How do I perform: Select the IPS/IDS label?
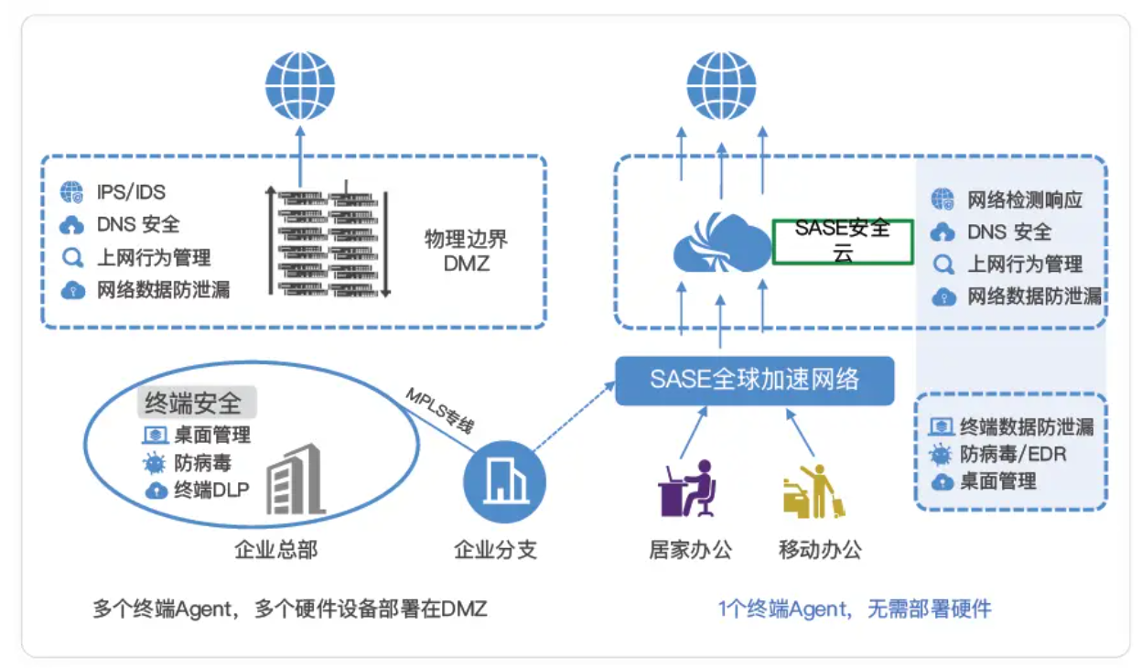click(131, 192)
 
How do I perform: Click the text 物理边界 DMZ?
click(466, 252)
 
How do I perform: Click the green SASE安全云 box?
click(843, 241)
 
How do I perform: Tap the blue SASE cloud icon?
click(721, 242)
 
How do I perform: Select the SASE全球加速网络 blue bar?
click(754, 380)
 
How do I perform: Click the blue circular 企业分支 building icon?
click(504, 480)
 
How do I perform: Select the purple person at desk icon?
click(687, 490)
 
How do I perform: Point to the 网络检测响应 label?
click(1025, 199)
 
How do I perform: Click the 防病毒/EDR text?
click(1013, 454)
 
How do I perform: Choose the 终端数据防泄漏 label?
click(1026, 426)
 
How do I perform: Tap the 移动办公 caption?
click(820, 550)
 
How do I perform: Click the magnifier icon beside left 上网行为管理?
click(71, 258)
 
